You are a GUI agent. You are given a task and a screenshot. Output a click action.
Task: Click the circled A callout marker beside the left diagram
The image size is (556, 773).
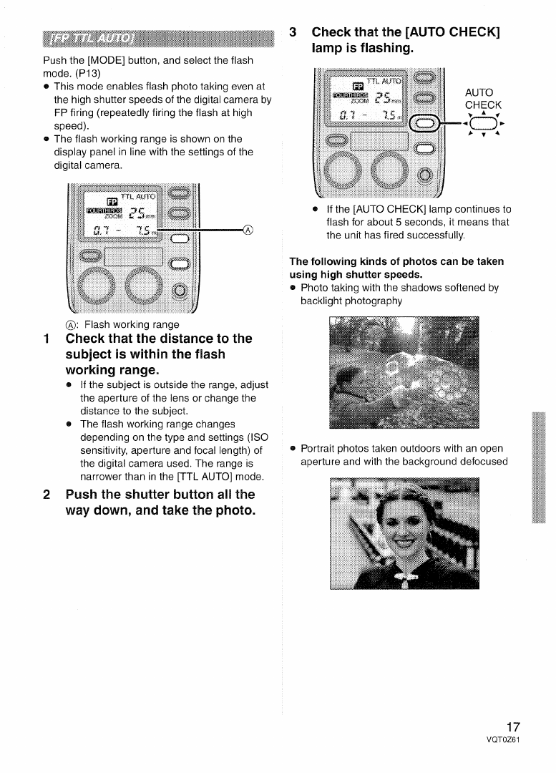248,230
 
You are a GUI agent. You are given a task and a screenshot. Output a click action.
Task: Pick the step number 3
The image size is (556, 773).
293,33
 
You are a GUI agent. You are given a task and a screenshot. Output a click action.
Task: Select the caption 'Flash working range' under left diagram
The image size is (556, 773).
132,324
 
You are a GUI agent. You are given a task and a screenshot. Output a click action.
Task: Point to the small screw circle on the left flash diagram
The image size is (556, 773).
180,289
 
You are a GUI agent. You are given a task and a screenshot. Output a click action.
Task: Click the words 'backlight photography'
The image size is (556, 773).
351,301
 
